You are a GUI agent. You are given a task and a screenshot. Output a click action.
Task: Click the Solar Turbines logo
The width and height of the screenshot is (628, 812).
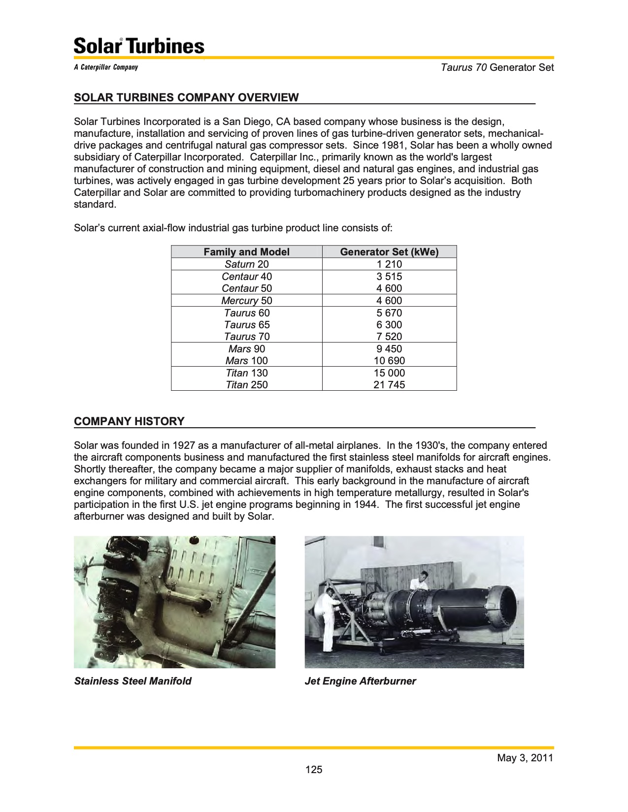coord(139,46)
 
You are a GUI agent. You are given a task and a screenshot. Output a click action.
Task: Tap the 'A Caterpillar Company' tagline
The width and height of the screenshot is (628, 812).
coord(106,67)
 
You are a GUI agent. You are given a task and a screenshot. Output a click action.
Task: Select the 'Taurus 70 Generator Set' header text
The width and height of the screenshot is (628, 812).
coord(497,67)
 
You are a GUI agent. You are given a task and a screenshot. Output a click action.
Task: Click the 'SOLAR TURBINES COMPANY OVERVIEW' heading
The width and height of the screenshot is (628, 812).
coord(186,97)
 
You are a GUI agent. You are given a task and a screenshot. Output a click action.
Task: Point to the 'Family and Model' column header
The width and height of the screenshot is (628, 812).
coord(246,252)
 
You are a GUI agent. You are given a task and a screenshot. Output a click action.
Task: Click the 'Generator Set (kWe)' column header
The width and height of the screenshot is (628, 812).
coord(389,252)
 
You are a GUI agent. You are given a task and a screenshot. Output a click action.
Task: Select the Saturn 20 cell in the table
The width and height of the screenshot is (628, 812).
coord(246,264)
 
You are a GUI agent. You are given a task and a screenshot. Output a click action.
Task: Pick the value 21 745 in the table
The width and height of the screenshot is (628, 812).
coord(389,385)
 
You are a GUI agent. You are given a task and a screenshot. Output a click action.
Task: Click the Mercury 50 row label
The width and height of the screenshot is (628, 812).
coord(246,301)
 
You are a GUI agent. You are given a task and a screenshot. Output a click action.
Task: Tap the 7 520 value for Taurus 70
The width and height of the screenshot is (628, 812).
coord(389,337)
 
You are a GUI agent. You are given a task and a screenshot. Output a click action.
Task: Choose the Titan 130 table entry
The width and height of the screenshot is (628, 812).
coord(246,373)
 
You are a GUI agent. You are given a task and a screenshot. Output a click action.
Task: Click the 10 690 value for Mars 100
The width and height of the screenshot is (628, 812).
coord(389,361)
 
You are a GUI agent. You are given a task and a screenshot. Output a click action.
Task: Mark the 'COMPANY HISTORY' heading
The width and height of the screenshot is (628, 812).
coord(129,421)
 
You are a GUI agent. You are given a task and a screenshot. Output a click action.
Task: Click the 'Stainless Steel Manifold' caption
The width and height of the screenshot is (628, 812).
coord(132,681)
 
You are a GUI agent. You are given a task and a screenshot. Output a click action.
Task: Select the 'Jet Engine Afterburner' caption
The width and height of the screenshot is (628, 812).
coord(360,681)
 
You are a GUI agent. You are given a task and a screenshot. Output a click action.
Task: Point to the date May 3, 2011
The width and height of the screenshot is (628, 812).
coord(525,758)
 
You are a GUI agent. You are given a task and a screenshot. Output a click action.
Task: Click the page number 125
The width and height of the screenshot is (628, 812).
coord(314,770)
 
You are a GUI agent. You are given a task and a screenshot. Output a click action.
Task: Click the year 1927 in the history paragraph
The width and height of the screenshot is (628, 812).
coord(184,445)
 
